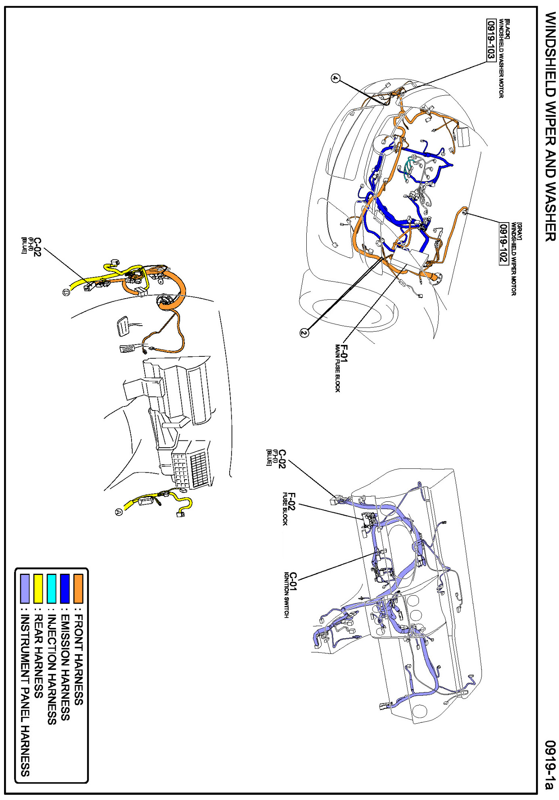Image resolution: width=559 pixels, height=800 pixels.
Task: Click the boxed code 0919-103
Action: click(491, 45)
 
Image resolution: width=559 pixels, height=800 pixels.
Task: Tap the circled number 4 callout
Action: click(335, 78)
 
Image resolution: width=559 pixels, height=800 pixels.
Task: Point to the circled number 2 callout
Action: click(304, 333)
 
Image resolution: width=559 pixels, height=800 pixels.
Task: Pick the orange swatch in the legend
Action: click(78, 589)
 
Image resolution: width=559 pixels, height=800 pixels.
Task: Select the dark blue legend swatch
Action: click(65, 589)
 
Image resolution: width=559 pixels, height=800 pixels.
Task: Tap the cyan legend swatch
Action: click(51, 589)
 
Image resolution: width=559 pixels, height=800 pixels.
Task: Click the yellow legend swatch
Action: click(38, 589)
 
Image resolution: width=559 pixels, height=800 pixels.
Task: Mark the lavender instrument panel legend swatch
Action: click(25, 589)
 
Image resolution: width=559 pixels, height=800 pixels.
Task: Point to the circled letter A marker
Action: click(119, 512)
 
